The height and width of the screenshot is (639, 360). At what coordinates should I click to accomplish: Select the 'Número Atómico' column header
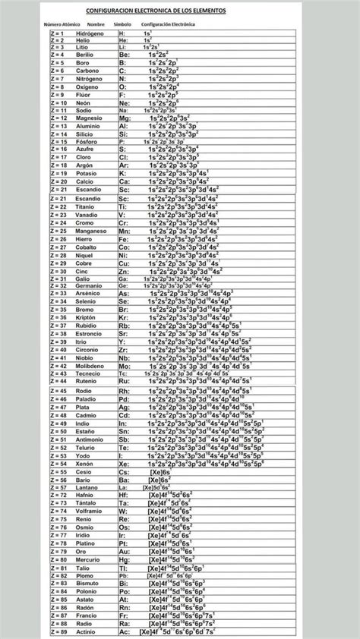pyautogui.click(x=66, y=24)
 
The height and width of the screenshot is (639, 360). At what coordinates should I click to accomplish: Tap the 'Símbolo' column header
pyautogui.click(x=122, y=24)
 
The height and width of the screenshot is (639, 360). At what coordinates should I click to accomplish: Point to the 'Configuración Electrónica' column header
pyautogui.click(x=168, y=24)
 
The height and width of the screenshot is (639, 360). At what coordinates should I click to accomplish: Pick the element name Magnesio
pyautogui.click(x=89, y=118)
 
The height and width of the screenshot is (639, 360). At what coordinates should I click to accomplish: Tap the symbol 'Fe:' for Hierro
pyautogui.click(x=123, y=238)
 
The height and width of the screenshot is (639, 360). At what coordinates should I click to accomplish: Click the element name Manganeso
pyautogui.click(x=91, y=230)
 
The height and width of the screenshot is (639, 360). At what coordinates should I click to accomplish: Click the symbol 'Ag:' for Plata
pyautogui.click(x=124, y=407)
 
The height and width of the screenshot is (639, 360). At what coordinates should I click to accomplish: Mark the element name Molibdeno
pyautogui.click(x=90, y=365)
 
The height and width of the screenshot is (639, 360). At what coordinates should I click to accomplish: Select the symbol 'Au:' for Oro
pyautogui.click(x=123, y=551)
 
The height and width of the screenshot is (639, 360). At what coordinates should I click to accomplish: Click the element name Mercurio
pyautogui.click(x=89, y=559)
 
